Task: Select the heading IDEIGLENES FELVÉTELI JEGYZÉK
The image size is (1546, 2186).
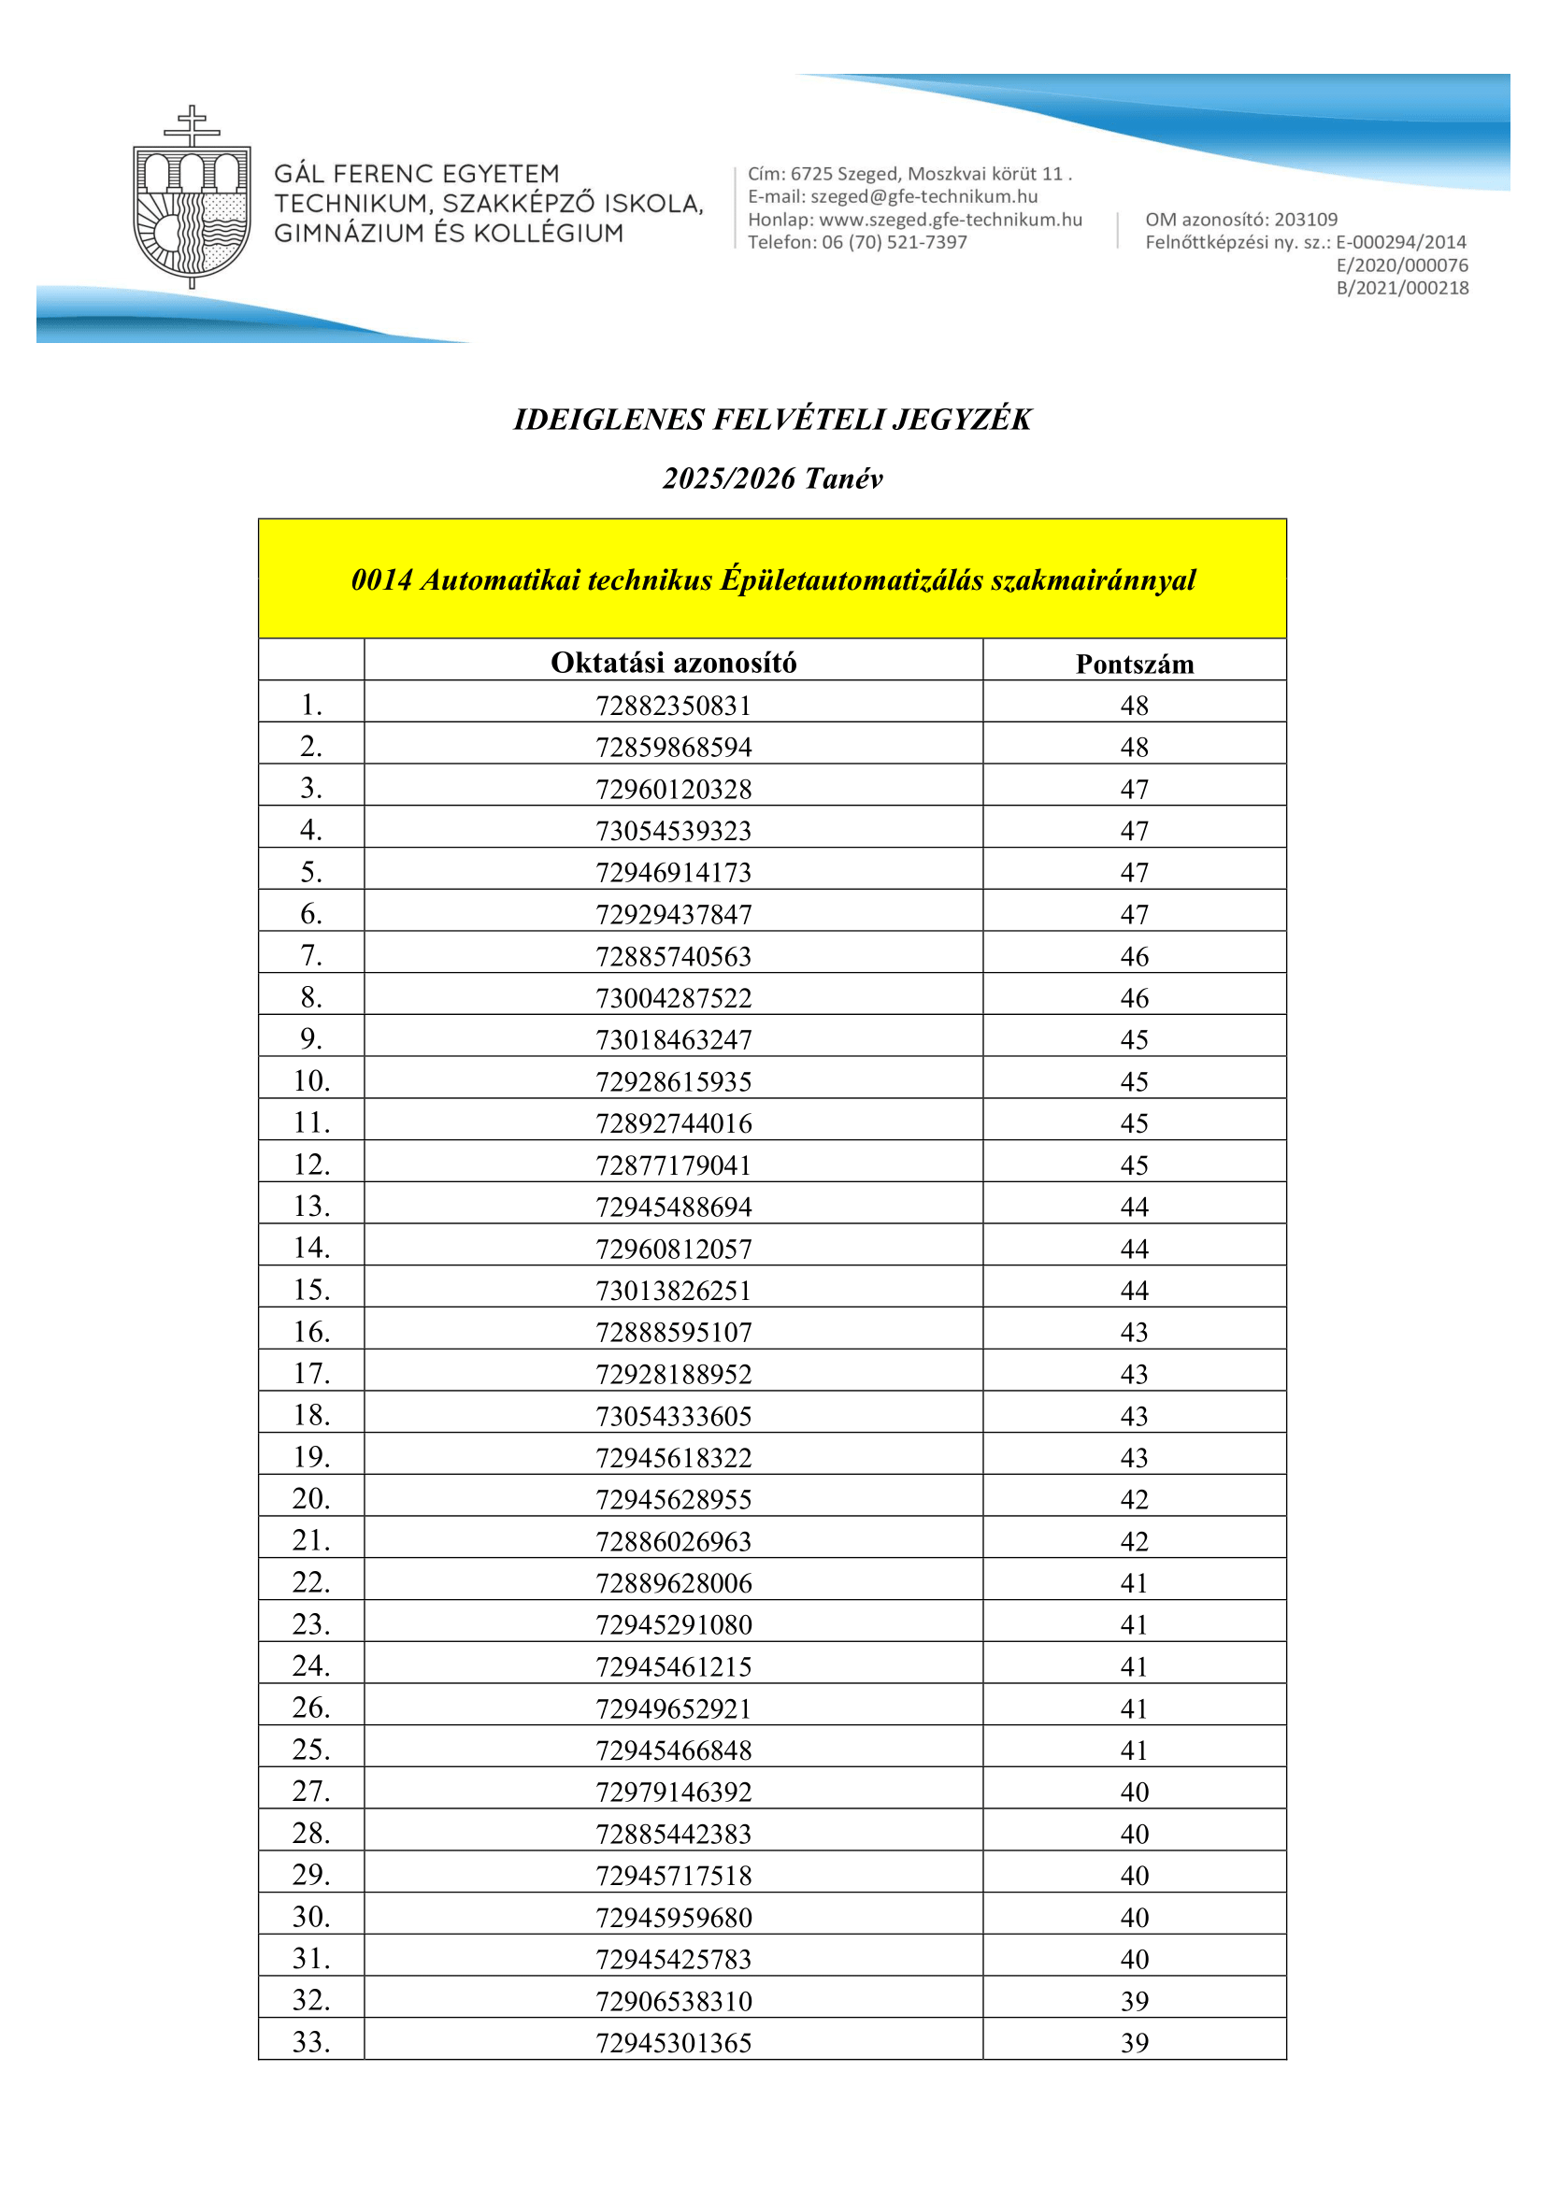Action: (x=772, y=420)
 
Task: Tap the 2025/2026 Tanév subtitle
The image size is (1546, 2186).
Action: (x=772, y=478)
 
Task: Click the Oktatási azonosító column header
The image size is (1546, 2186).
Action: (x=673, y=663)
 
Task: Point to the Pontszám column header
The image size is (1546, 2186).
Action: (x=1134, y=664)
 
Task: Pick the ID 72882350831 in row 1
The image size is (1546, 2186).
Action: (x=673, y=706)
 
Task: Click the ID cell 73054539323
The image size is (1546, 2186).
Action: (x=673, y=831)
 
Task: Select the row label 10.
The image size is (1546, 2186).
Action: (x=311, y=1080)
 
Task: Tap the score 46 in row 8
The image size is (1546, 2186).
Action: (x=1134, y=998)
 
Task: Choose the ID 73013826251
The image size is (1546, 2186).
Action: (x=673, y=1290)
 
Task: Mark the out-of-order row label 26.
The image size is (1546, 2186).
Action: (x=311, y=1707)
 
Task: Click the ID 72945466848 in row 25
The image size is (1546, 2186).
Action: (x=673, y=1750)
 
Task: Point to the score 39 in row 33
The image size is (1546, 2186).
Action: (x=1134, y=2042)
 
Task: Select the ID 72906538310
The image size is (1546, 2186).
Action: (x=673, y=2000)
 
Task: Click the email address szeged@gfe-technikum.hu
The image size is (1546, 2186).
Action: (x=923, y=197)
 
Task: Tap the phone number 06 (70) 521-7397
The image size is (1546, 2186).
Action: (x=895, y=242)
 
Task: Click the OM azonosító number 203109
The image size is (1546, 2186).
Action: (x=1305, y=220)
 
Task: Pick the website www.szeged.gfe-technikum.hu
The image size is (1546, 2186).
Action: (x=950, y=220)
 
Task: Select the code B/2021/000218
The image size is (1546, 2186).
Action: (x=1402, y=288)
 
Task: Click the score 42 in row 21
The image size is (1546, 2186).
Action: (x=1134, y=1540)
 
